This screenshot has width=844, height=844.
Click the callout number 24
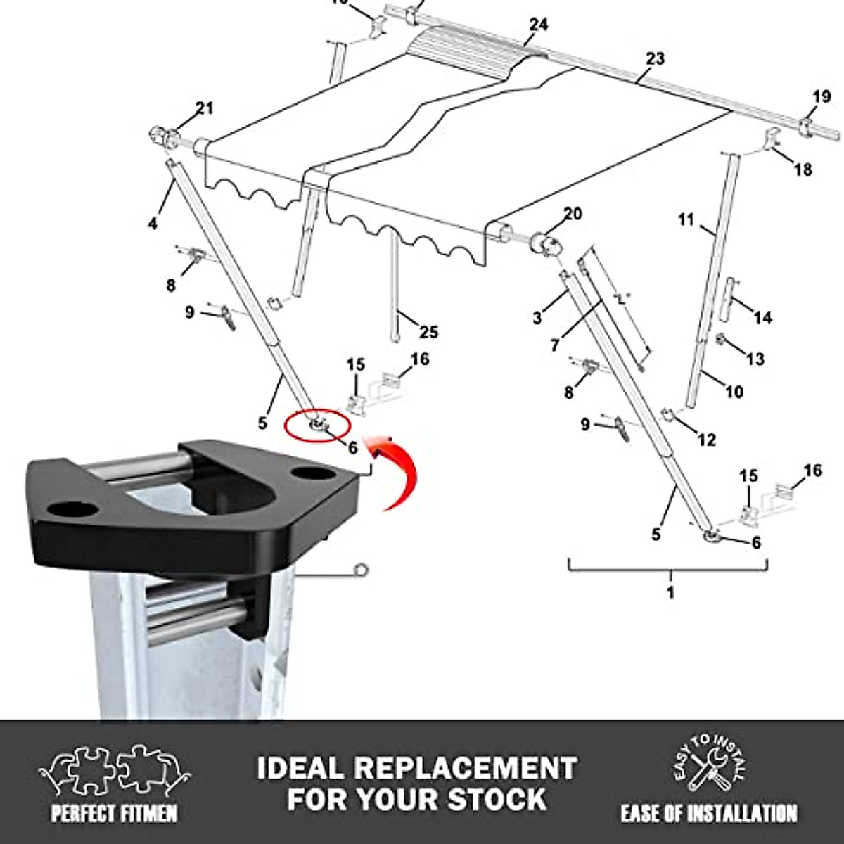[x=539, y=25]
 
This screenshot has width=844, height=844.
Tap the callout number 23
[x=655, y=58]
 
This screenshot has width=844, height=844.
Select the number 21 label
[x=204, y=108]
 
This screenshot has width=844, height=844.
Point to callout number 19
[x=821, y=96]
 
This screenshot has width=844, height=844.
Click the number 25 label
[x=428, y=331]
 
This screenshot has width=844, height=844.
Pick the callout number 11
[x=686, y=220]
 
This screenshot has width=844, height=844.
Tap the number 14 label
[x=762, y=318]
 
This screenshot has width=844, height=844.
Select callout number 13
[x=755, y=359]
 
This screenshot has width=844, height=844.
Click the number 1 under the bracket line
[x=670, y=592]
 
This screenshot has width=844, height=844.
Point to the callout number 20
[x=573, y=213]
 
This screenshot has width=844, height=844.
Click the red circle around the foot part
[x=316, y=426]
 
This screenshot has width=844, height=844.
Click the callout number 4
[x=153, y=224]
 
